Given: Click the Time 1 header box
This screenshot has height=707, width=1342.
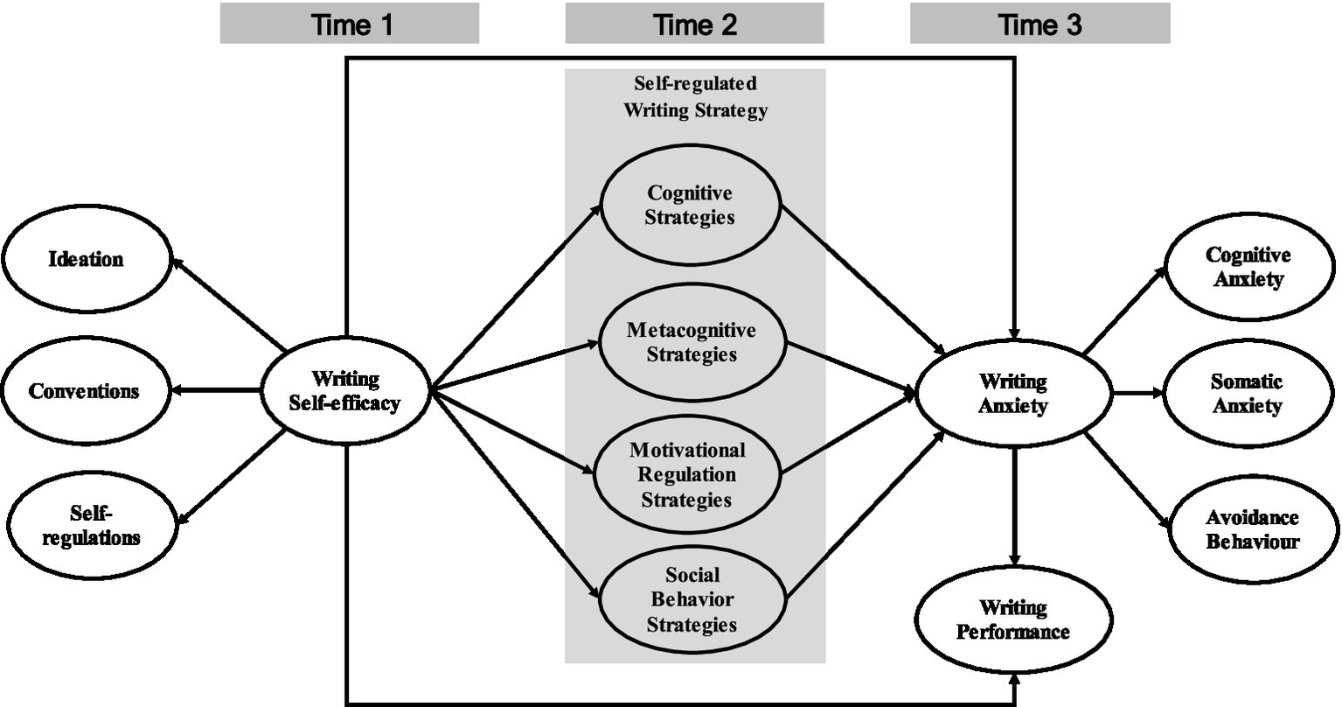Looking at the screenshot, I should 350,24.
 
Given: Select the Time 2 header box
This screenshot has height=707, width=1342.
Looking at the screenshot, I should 694,24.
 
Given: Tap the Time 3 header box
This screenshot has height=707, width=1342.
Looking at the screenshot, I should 1040,24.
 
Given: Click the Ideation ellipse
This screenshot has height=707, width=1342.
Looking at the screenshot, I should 86,260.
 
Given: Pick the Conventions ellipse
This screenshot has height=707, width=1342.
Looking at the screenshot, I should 86,391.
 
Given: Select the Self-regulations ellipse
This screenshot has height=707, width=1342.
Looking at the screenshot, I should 91,526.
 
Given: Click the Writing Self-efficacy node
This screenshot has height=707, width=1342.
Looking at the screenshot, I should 346,391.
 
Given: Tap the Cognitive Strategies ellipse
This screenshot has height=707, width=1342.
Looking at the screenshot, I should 690,205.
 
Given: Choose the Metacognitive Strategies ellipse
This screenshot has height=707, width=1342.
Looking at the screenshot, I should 691,342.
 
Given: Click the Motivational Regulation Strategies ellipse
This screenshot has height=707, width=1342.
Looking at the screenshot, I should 687,474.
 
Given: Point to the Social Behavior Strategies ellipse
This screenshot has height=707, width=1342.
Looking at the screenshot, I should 691,600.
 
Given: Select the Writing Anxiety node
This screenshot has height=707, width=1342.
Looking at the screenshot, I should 1013,394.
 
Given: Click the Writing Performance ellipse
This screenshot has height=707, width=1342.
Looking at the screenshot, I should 1013,619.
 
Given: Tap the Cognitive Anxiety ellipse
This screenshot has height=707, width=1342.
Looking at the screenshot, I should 1248,267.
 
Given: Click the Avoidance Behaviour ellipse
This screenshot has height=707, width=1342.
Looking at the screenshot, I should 1253,528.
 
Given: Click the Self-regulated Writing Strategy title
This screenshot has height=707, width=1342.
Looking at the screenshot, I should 695,97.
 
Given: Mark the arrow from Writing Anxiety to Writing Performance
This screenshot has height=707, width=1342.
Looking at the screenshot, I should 1014,507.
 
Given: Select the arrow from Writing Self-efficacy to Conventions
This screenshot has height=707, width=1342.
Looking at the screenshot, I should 219,391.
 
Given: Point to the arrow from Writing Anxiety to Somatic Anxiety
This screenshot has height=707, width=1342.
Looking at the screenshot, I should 1137,394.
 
